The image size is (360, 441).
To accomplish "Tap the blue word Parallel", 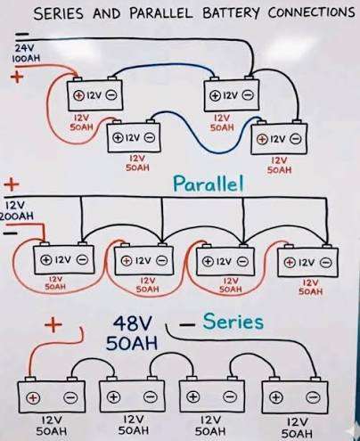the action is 209,184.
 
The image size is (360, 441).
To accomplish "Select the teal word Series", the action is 233,322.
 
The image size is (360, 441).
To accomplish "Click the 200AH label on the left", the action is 16,216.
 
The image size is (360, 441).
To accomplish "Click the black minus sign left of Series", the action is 187,325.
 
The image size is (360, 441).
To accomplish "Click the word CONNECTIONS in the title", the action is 311,12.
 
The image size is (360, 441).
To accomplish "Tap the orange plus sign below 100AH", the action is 17,78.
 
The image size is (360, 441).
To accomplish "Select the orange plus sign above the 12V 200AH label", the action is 12,184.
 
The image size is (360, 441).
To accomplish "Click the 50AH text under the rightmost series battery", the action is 297,434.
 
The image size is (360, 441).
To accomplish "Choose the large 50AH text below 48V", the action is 132,343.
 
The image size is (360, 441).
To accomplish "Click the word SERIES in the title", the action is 59,13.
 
